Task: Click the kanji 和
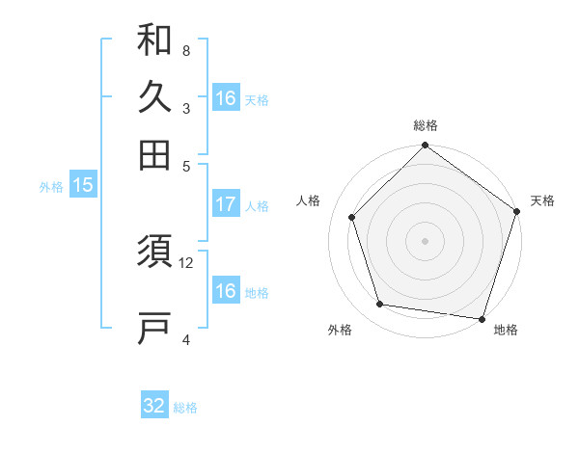coord(154,40)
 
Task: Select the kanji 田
coord(154,154)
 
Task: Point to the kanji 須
coord(154,255)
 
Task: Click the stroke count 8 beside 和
coord(185,51)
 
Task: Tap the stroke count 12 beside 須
coord(186,262)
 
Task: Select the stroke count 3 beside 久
coord(185,108)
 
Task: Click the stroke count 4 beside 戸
coord(185,338)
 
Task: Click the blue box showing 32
coord(154,406)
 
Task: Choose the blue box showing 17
coord(226,204)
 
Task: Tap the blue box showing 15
coord(83,185)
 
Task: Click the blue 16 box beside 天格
coord(226,98)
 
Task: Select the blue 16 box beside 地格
coord(226,291)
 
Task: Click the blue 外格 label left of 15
coord(50,187)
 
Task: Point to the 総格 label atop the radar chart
coord(425,125)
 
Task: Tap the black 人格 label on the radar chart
coord(309,200)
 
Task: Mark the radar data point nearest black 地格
coord(482,318)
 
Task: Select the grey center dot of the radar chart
coord(425,240)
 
